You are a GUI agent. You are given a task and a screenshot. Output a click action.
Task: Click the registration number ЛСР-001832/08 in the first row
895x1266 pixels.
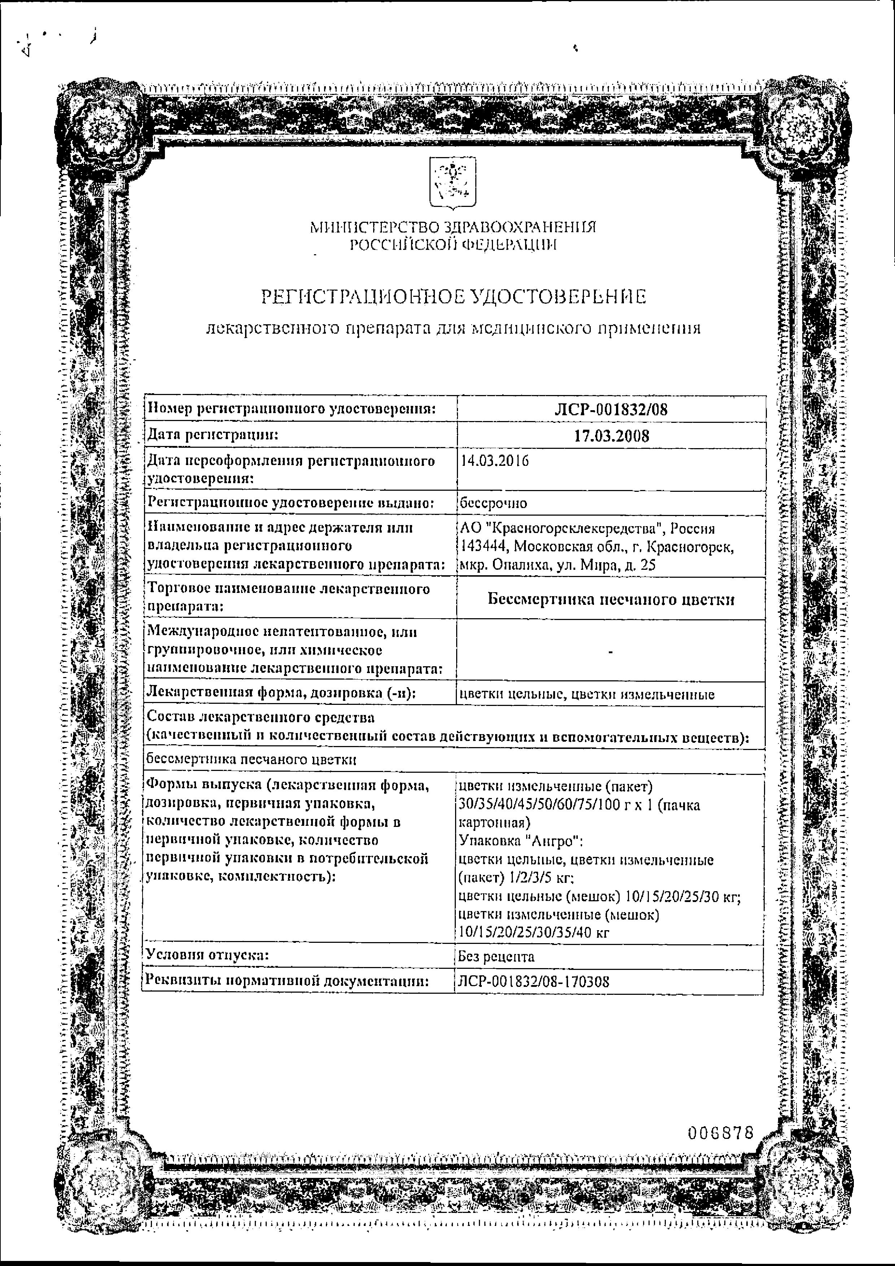(x=611, y=410)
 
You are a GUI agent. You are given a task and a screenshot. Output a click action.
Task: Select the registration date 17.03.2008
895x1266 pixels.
(x=611, y=436)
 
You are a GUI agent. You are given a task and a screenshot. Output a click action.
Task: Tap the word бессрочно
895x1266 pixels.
(x=493, y=503)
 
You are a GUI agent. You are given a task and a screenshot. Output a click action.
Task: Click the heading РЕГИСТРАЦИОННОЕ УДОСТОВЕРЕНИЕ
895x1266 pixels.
(x=453, y=298)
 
